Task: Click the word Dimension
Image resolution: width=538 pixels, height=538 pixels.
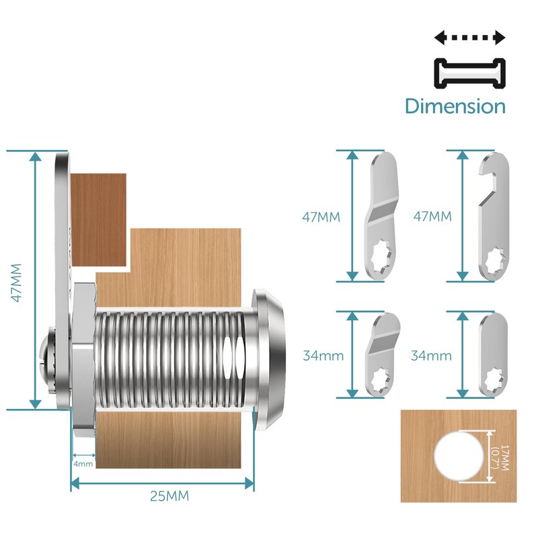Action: tap(455, 106)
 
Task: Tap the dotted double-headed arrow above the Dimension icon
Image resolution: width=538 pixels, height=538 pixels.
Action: tap(469, 38)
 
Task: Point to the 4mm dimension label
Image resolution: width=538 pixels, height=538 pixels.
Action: tap(83, 463)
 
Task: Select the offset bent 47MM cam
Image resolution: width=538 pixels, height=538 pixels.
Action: tap(382, 215)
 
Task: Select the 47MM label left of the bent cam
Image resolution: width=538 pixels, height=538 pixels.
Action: tap(321, 217)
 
